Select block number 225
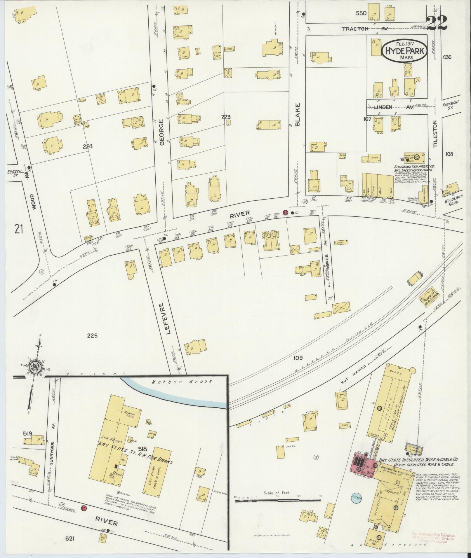click(x=92, y=336)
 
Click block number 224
click(x=88, y=146)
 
